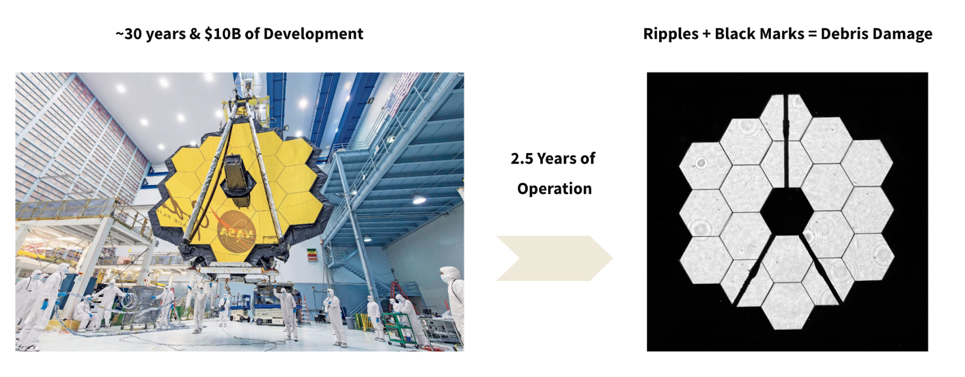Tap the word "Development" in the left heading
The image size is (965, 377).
click(313, 34)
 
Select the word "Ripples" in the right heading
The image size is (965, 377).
click(671, 34)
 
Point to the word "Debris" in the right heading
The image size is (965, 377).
click(845, 34)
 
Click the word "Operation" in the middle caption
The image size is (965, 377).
click(554, 189)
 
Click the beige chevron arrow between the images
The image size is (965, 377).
click(554, 258)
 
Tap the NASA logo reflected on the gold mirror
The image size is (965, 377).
click(236, 232)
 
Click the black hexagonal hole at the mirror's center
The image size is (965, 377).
click(786, 211)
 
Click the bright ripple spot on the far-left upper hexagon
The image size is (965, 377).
click(701, 163)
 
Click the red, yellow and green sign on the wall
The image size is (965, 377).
click(311, 254)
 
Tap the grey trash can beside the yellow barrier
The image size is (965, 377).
click(350, 323)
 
